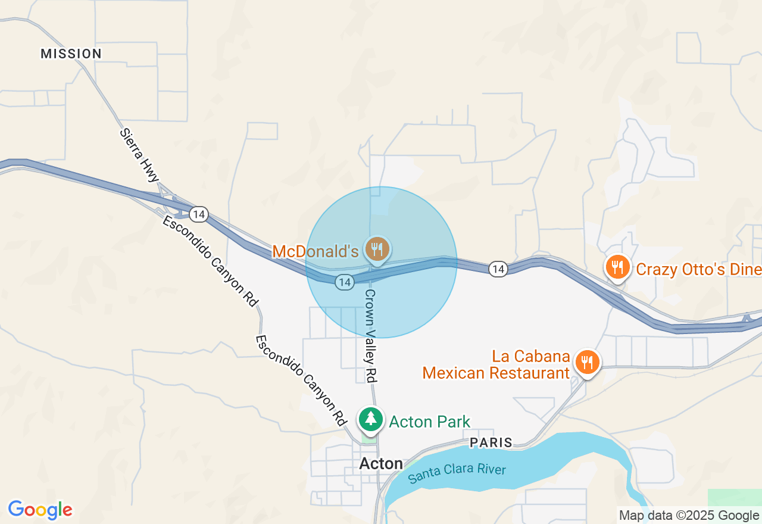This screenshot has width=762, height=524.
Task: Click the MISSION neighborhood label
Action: click(x=71, y=54)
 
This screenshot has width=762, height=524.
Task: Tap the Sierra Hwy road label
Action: click(x=140, y=155)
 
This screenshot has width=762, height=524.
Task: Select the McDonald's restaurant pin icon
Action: click(x=377, y=248)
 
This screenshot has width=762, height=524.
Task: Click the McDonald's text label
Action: click(x=316, y=251)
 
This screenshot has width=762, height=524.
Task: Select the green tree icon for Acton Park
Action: click(x=371, y=419)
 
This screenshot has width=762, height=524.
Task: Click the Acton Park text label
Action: click(x=429, y=422)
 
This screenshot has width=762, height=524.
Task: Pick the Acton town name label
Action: click(x=381, y=463)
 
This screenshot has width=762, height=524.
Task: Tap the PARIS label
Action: click(x=491, y=442)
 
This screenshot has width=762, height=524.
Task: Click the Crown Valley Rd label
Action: click(x=370, y=336)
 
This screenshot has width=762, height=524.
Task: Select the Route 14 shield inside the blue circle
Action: click(x=345, y=282)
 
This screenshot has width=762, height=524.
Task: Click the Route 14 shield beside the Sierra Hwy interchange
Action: click(x=199, y=214)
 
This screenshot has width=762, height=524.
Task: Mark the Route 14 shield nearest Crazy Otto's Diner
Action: click(x=498, y=269)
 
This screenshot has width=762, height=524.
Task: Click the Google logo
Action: click(x=40, y=510)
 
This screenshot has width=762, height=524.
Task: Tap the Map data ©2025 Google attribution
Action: click(x=689, y=516)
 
